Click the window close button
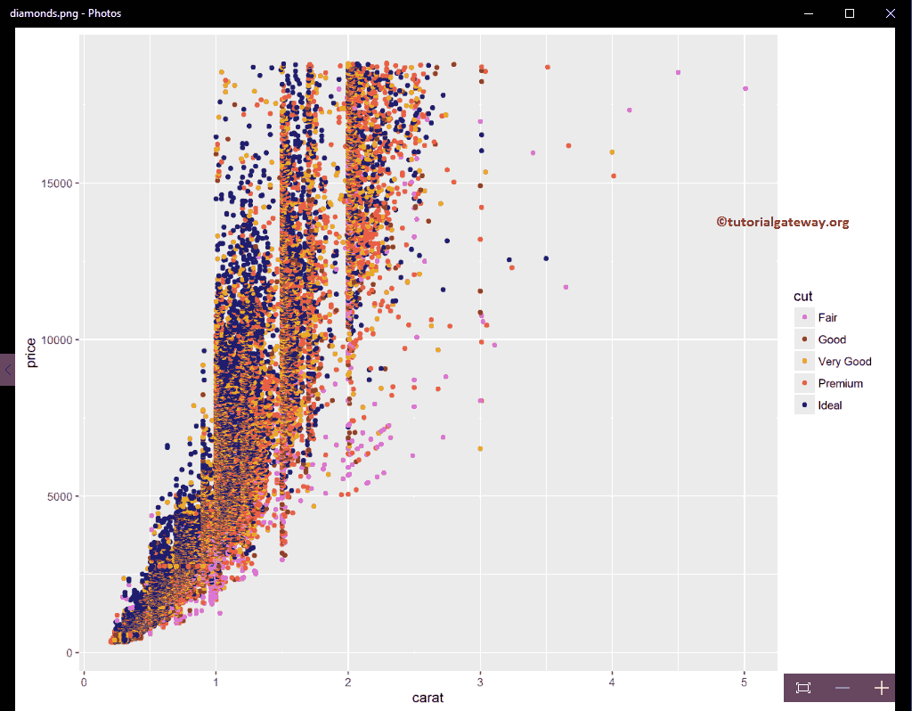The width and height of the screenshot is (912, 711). (889, 13)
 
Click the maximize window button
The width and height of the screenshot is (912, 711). (849, 13)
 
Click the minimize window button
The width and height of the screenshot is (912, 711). (810, 13)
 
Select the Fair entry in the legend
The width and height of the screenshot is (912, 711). (827, 318)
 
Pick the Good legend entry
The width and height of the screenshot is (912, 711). (832, 339)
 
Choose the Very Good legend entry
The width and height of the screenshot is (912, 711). (844, 362)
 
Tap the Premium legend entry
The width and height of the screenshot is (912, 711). (840, 384)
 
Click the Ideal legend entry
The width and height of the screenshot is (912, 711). (829, 405)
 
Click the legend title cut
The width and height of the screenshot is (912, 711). (802, 297)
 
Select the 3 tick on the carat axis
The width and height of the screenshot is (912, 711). (480, 682)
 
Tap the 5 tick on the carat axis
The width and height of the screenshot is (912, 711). (745, 682)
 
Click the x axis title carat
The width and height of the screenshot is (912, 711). (427, 698)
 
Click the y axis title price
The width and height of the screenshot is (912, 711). (31, 353)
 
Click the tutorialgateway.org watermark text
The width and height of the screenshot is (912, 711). (783, 223)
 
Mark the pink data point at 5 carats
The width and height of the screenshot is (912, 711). (745, 88)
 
